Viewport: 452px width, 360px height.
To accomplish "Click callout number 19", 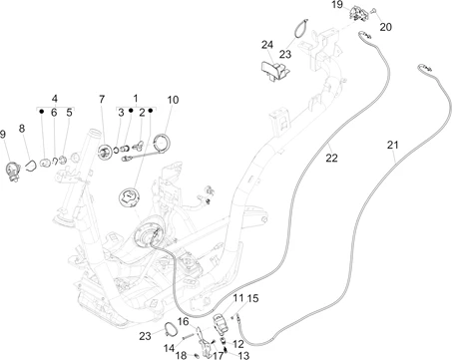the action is (337, 5).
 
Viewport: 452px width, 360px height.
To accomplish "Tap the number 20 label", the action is (386, 27).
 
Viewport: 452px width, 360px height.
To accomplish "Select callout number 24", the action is (267, 45).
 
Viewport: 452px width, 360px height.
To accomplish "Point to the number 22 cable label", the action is (331, 158).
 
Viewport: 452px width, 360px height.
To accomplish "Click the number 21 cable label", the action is (392, 145).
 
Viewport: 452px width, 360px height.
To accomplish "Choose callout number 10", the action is (173, 100).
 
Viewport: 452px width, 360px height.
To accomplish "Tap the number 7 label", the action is (102, 99).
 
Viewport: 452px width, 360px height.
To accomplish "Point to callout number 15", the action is (252, 298).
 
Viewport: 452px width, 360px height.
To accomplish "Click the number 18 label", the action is (182, 355).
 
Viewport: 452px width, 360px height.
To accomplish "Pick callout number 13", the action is (243, 355).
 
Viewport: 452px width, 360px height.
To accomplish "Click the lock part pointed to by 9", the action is (14, 170).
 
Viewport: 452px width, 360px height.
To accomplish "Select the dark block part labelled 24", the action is (275, 71).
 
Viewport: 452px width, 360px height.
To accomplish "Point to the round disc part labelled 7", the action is (105, 153).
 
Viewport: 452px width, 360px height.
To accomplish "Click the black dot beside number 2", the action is (151, 111).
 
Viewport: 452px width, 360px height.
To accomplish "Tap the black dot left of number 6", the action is (42, 111).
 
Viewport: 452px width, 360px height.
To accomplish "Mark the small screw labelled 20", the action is (374, 11).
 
